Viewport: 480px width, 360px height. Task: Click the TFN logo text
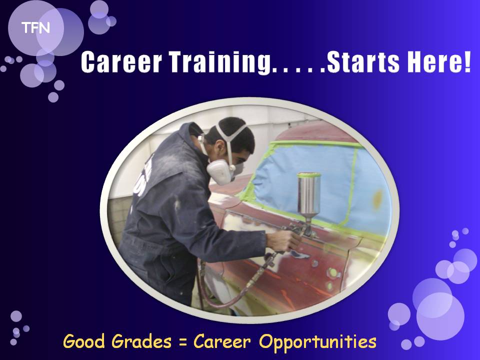(x=35, y=28)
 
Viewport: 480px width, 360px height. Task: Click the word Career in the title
(x=121, y=62)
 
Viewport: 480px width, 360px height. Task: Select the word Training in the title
(x=220, y=62)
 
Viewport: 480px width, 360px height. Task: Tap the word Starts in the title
(x=363, y=62)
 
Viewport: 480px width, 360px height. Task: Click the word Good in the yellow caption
(x=84, y=341)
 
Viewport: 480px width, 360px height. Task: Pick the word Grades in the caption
(x=141, y=342)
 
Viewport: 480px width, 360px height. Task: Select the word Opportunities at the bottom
(x=318, y=342)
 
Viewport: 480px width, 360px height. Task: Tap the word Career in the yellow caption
(x=222, y=341)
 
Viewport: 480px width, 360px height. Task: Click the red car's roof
(x=315, y=131)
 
